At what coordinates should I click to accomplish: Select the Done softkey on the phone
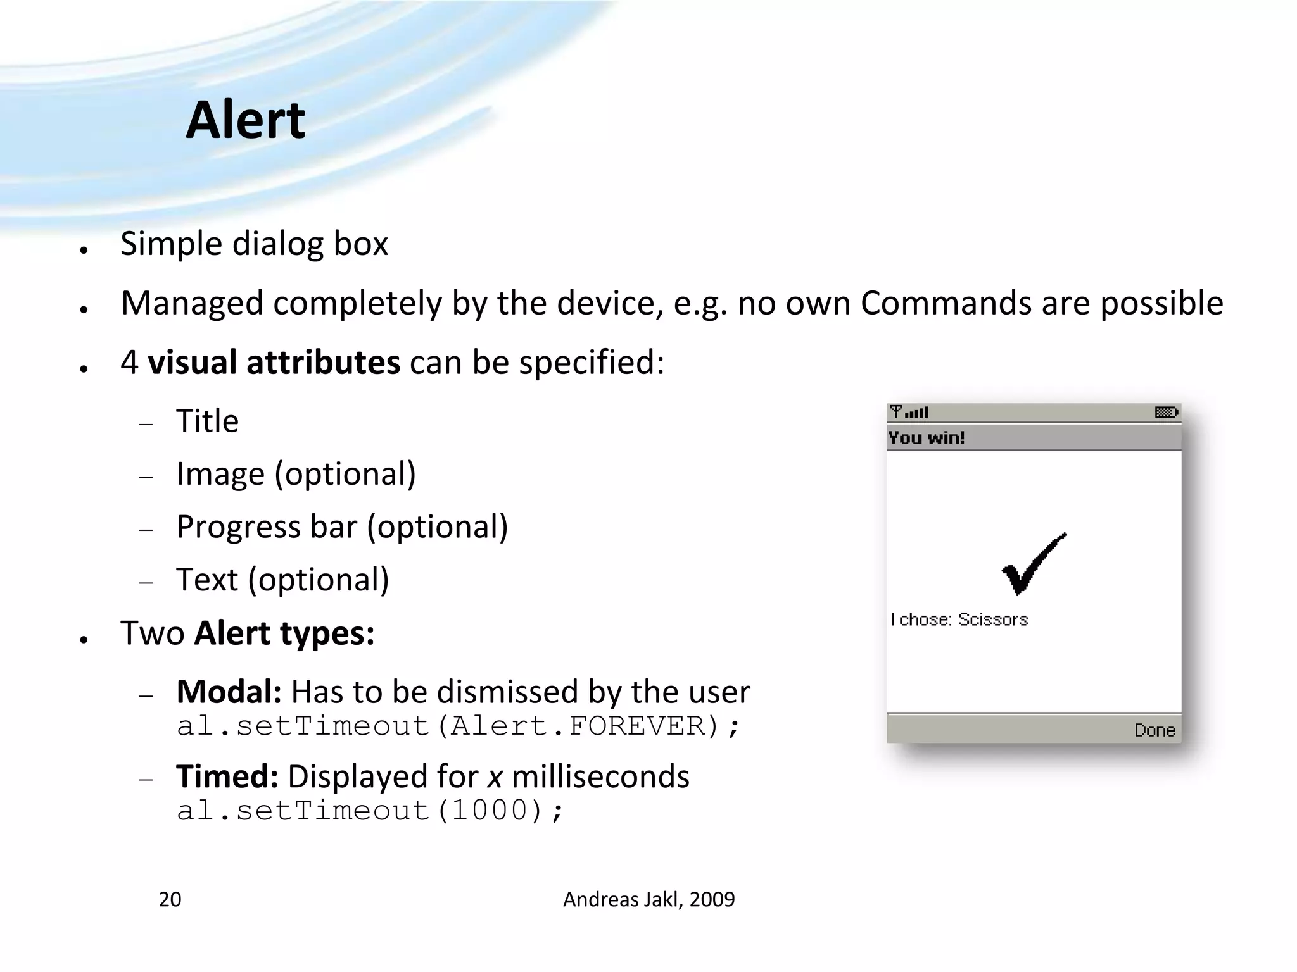(x=1154, y=730)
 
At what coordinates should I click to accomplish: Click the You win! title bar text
(x=926, y=438)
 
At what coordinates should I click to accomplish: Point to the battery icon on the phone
(x=1166, y=413)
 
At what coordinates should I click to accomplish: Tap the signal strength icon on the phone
(x=909, y=413)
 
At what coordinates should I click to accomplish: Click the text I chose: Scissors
(x=959, y=620)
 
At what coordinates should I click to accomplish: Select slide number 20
(x=170, y=899)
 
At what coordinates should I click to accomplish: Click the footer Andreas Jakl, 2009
(x=648, y=899)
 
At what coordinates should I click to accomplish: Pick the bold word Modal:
(x=229, y=692)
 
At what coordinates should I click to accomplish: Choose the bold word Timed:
(x=227, y=776)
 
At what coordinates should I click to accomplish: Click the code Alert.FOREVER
(x=576, y=726)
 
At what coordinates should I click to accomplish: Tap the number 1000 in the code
(x=489, y=811)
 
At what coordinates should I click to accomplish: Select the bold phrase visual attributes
(x=274, y=363)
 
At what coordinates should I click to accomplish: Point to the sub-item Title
(x=207, y=421)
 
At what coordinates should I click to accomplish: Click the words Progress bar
(x=267, y=526)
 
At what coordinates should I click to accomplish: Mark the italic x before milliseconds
(x=495, y=778)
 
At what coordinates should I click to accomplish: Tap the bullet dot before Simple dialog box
(x=84, y=250)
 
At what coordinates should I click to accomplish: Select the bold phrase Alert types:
(x=284, y=633)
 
